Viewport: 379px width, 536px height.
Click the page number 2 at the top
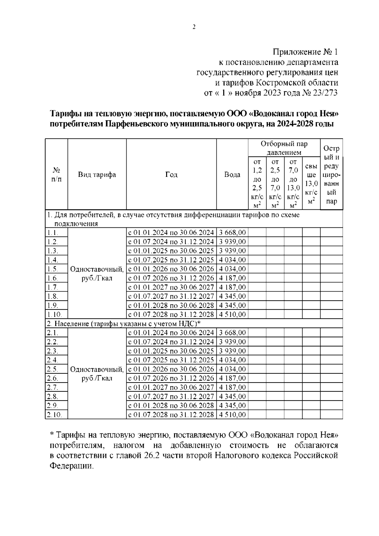click(x=194, y=27)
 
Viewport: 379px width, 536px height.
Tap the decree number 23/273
click(x=325, y=93)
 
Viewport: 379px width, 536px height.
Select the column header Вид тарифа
click(x=97, y=175)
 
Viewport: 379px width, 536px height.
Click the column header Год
click(x=171, y=175)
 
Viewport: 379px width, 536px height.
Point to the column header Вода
click(x=232, y=175)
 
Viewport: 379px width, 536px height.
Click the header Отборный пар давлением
click(x=284, y=148)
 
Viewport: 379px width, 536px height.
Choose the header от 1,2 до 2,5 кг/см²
click(x=257, y=184)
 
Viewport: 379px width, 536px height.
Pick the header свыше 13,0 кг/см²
click(x=311, y=184)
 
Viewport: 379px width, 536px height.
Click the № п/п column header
click(x=56, y=175)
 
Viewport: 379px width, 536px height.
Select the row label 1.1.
click(x=52, y=233)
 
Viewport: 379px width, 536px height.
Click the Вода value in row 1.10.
click(x=232, y=315)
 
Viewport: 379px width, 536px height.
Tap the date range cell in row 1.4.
click(x=171, y=260)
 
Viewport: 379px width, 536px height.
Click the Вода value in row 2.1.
click(x=232, y=333)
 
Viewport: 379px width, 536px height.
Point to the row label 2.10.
click(x=54, y=415)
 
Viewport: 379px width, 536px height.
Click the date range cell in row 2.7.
click(x=171, y=387)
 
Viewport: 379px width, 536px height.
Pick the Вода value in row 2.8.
click(x=232, y=396)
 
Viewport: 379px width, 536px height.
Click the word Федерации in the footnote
click(x=72, y=466)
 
